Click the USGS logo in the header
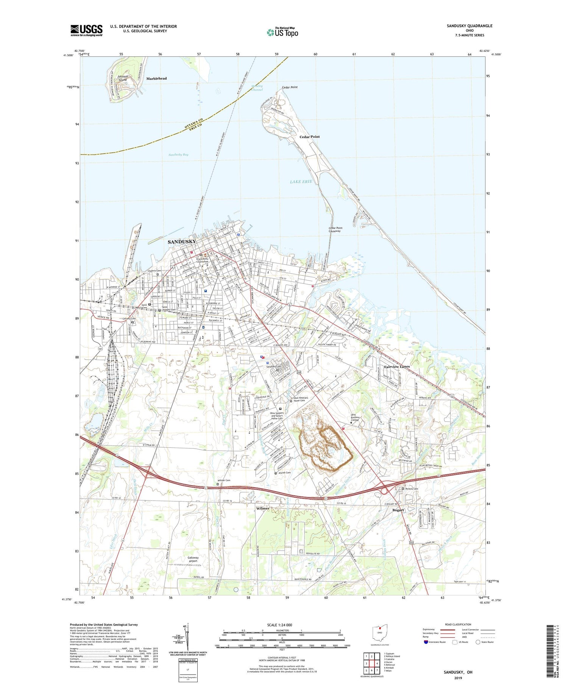tap(86, 30)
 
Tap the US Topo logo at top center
tap(282, 32)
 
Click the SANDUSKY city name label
tap(182, 241)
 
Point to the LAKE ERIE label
tap(301, 182)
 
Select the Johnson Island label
tap(122, 78)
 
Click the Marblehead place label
tap(156, 78)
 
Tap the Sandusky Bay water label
tap(178, 155)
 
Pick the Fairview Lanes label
tap(397, 367)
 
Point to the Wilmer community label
tap(263, 508)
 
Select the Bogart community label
tap(398, 510)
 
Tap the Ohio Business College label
tap(355, 417)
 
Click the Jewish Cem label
tap(284, 473)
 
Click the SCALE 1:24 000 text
tap(279, 625)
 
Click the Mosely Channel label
tap(257, 88)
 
